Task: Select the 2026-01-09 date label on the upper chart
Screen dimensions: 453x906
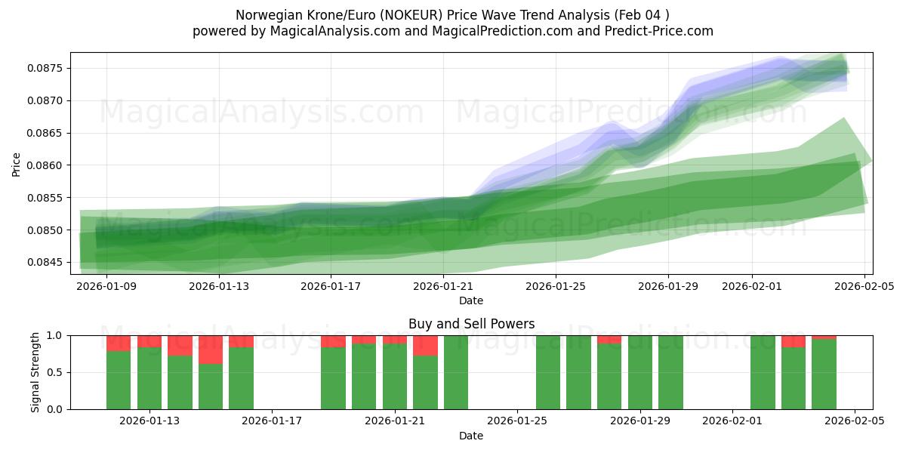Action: [106, 286]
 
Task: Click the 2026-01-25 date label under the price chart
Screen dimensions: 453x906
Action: [556, 286]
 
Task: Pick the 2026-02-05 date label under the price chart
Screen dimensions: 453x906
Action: [864, 286]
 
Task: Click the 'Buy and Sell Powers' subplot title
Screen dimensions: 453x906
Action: [471, 324]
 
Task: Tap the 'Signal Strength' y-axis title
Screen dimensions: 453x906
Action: [35, 372]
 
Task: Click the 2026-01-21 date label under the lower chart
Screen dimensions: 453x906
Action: [395, 421]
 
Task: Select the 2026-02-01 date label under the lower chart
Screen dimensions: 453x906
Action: [732, 421]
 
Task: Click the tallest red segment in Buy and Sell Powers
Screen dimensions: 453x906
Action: [211, 350]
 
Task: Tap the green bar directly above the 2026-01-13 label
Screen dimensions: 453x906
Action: [149, 377]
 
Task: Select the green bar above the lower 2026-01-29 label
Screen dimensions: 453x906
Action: [640, 372]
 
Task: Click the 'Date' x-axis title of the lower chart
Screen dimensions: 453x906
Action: [471, 436]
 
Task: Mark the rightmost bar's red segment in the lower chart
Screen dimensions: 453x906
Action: [824, 337]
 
